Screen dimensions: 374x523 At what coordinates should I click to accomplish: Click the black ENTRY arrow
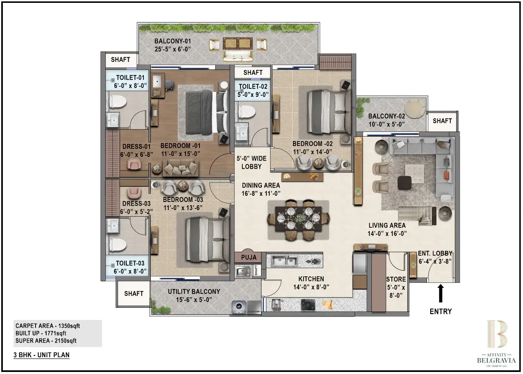point(440,293)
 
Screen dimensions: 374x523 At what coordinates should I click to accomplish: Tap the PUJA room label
point(248,257)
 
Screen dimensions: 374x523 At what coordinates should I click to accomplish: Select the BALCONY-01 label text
point(173,41)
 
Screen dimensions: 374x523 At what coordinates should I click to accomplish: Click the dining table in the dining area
point(298,220)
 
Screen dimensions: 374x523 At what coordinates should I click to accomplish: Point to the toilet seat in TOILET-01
point(116,101)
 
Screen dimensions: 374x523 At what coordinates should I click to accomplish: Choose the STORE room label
point(396,279)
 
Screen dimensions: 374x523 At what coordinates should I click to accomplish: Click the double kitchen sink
point(285,260)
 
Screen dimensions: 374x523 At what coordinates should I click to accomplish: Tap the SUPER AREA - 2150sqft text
point(46,340)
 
